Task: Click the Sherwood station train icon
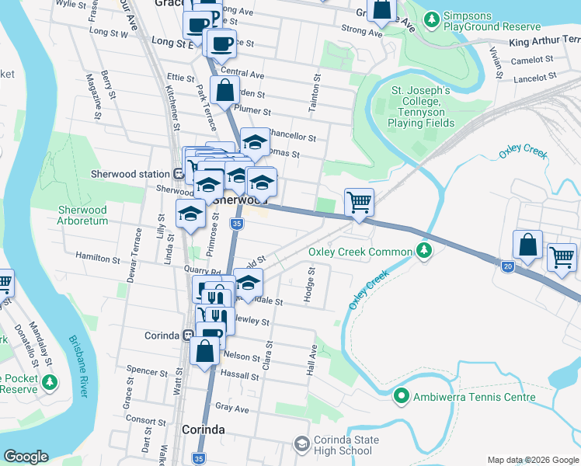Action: pos(178,174)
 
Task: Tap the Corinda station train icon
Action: pos(186,336)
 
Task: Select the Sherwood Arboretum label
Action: pos(82,215)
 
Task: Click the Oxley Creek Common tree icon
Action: pos(423,251)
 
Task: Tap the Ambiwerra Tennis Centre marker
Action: pos(402,397)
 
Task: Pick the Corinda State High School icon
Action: pos(301,444)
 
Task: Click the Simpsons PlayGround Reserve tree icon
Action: pos(432,17)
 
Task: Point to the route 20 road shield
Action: pos(508,266)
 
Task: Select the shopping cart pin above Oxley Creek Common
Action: pos(359,203)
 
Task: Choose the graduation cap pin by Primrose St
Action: pos(190,214)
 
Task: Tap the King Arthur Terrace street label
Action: pos(546,42)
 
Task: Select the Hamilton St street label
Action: pos(96,256)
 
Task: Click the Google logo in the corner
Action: pos(26,457)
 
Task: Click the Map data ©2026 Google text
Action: pos(532,459)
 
